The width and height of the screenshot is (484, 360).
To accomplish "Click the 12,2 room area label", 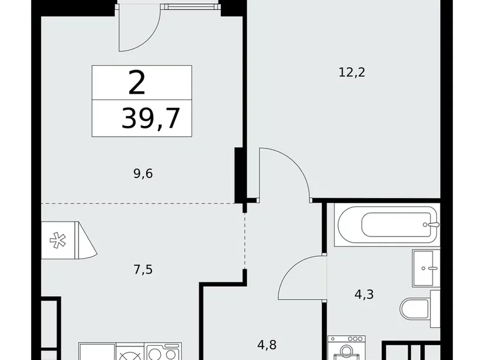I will (x=352, y=72).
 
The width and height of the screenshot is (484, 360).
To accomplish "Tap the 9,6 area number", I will (x=141, y=173).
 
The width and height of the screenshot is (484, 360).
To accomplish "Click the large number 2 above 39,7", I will (x=137, y=83).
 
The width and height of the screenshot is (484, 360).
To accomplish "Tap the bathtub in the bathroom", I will (x=386, y=224).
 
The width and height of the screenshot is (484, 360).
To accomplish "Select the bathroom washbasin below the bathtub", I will (x=427, y=268).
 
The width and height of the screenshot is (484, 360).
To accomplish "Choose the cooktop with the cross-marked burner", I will (x=132, y=353).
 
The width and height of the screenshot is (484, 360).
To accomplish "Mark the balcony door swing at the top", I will (x=140, y=31).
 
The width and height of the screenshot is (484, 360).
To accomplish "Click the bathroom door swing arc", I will (x=302, y=277).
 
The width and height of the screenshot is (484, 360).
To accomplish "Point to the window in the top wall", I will (x=190, y=7).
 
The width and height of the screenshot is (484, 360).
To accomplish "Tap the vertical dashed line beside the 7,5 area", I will (x=244, y=242).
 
